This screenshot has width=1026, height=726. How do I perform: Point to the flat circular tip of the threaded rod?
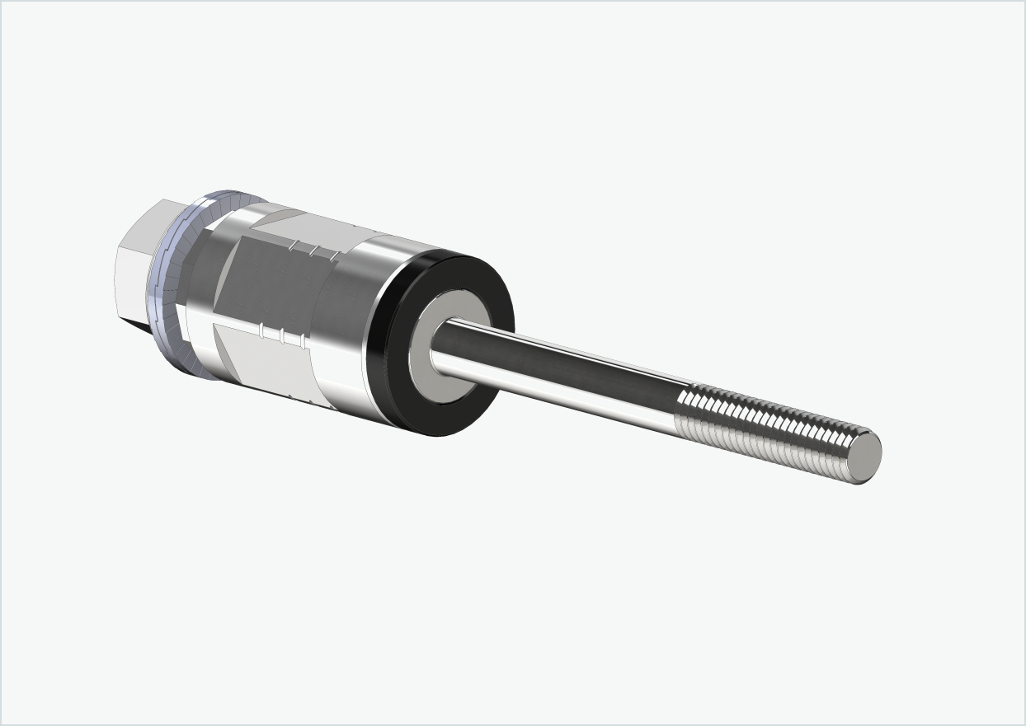pos(866,456)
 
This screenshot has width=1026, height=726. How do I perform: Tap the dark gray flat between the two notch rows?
pos(272,284)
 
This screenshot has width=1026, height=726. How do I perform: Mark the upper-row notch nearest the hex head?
pos(291,244)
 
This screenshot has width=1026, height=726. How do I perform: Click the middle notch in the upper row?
pos(311,249)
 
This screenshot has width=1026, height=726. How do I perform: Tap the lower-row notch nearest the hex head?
pos(262,330)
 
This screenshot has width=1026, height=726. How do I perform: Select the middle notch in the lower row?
pos(282,335)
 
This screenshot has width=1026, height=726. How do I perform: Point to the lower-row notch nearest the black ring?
pos(301,340)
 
